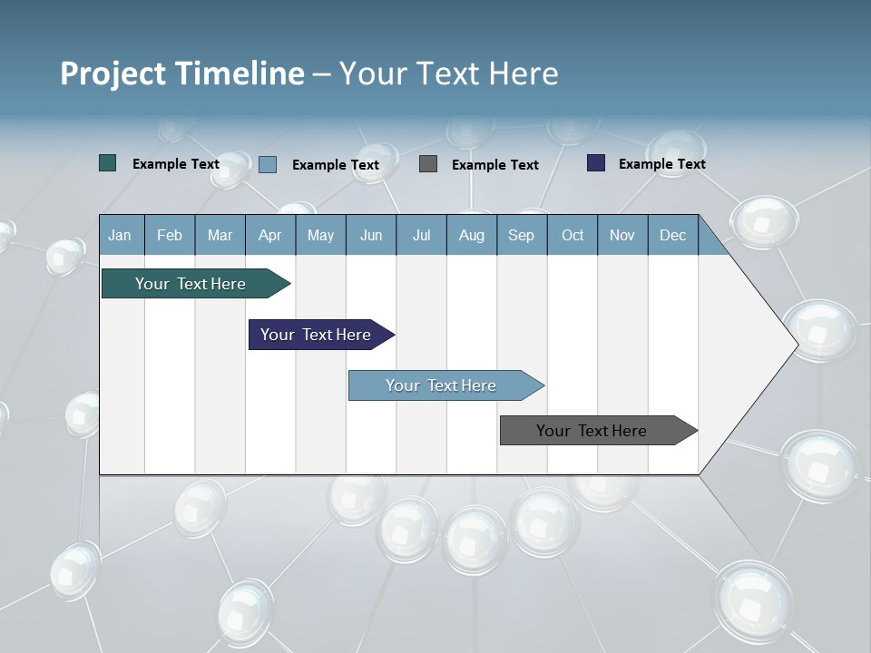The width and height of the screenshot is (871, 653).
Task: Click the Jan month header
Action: [121, 235]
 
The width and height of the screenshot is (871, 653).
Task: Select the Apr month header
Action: [270, 235]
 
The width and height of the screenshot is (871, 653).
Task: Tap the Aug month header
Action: [472, 235]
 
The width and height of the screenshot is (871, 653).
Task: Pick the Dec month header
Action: [673, 235]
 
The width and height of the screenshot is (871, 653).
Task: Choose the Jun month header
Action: [371, 235]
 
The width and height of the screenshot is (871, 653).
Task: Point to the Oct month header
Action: [573, 235]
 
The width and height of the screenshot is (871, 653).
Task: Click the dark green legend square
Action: [108, 163]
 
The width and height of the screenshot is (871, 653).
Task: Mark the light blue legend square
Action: [268, 164]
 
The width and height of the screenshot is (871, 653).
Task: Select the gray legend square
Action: [428, 164]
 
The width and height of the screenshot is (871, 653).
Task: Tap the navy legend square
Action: [596, 163]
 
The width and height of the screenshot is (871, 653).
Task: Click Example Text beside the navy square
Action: [661, 164]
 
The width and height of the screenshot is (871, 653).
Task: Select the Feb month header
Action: [170, 235]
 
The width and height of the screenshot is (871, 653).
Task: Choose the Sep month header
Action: [522, 235]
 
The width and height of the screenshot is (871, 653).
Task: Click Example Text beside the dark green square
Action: [176, 164]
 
